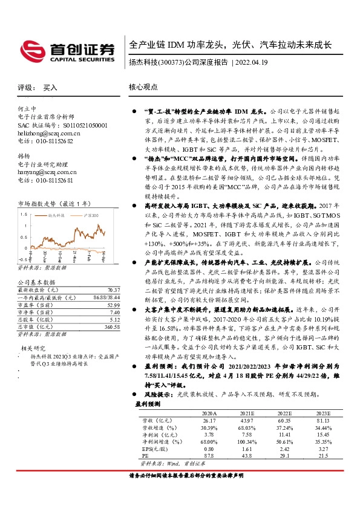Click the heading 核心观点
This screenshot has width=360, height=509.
pos(143,87)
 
